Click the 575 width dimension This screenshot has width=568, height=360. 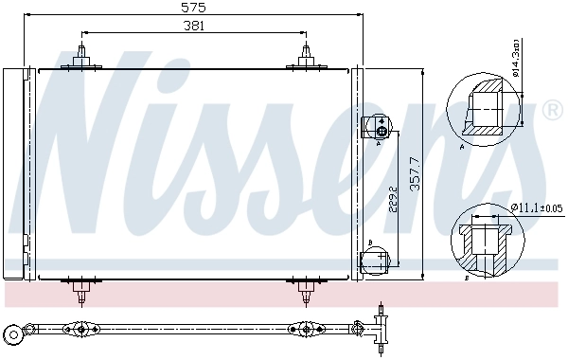tap(194, 7)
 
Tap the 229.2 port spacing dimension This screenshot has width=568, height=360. tap(391, 201)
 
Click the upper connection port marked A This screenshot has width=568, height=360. tap(376, 127)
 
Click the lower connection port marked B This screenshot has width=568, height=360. tap(376, 257)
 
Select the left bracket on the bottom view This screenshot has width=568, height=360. tap(80, 330)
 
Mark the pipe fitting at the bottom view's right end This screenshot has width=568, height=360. tap(382, 327)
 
